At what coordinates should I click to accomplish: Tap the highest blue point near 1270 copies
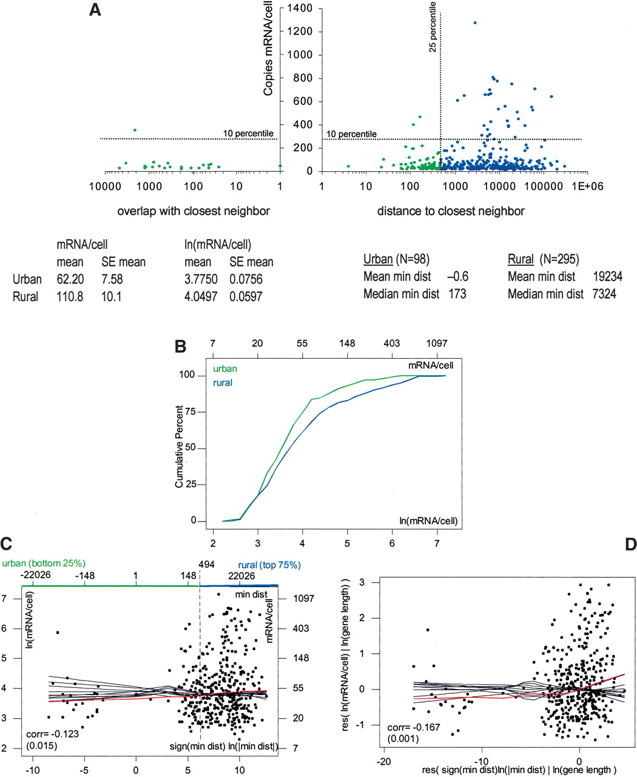(475, 23)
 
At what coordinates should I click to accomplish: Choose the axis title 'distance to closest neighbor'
(451, 211)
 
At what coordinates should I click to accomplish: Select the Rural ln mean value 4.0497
(200, 297)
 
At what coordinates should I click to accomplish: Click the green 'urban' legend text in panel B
(224, 368)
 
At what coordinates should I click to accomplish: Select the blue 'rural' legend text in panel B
(222, 383)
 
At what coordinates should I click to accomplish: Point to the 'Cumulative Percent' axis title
(180, 447)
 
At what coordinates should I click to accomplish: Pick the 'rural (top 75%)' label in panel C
(270, 565)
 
